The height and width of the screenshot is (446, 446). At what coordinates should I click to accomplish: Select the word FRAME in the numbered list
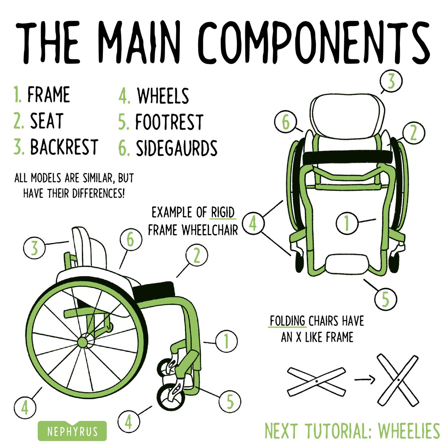coord(49,95)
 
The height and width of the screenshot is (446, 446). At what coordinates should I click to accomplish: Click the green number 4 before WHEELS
coord(124,96)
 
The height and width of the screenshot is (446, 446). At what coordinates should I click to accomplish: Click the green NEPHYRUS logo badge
coord(72,431)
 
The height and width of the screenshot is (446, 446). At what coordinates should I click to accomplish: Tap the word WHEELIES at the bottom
coord(409,431)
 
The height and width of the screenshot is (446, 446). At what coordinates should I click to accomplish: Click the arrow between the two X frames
coord(364,379)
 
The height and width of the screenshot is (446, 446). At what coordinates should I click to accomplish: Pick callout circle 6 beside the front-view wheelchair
coord(285,123)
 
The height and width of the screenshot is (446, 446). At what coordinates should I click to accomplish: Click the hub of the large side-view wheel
coord(83,340)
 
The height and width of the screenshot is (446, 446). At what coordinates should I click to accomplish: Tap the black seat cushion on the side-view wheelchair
coord(154,290)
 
